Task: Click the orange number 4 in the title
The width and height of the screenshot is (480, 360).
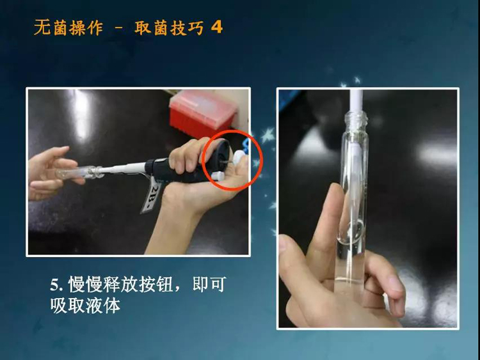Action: [217, 27]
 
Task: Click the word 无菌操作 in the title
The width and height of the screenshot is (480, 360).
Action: [68, 28]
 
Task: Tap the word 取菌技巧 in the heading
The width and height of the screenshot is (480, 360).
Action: [169, 28]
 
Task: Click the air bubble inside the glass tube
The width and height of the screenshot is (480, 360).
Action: [355, 228]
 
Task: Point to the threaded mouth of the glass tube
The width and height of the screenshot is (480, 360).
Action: [356, 119]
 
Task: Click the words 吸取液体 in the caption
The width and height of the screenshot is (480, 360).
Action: [85, 305]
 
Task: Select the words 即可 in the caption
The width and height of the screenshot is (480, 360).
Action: [209, 285]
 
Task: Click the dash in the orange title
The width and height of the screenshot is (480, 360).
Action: [119, 28]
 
